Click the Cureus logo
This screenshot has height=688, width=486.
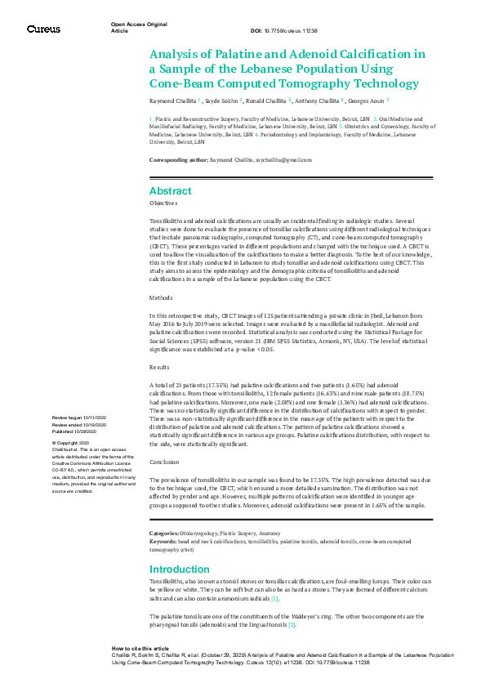[x=43, y=29]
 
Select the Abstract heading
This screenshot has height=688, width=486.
[x=170, y=190]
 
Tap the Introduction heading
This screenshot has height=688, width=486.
[x=181, y=569]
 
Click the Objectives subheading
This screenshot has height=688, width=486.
[x=163, y=203]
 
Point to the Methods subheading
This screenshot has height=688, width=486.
[x=161, y=298]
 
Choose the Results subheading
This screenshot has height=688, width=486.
[x=160, y=368]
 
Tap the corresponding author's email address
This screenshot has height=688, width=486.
[x=273, y=161]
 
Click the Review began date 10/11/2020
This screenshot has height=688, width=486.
[x=76, y=417]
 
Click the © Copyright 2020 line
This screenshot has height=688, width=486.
[x=74, y=443]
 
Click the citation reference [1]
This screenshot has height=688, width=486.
[x=275, y=599]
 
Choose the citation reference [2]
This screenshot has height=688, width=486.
[x=291, y=625]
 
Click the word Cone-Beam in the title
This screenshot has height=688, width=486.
[x=181, y=83]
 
